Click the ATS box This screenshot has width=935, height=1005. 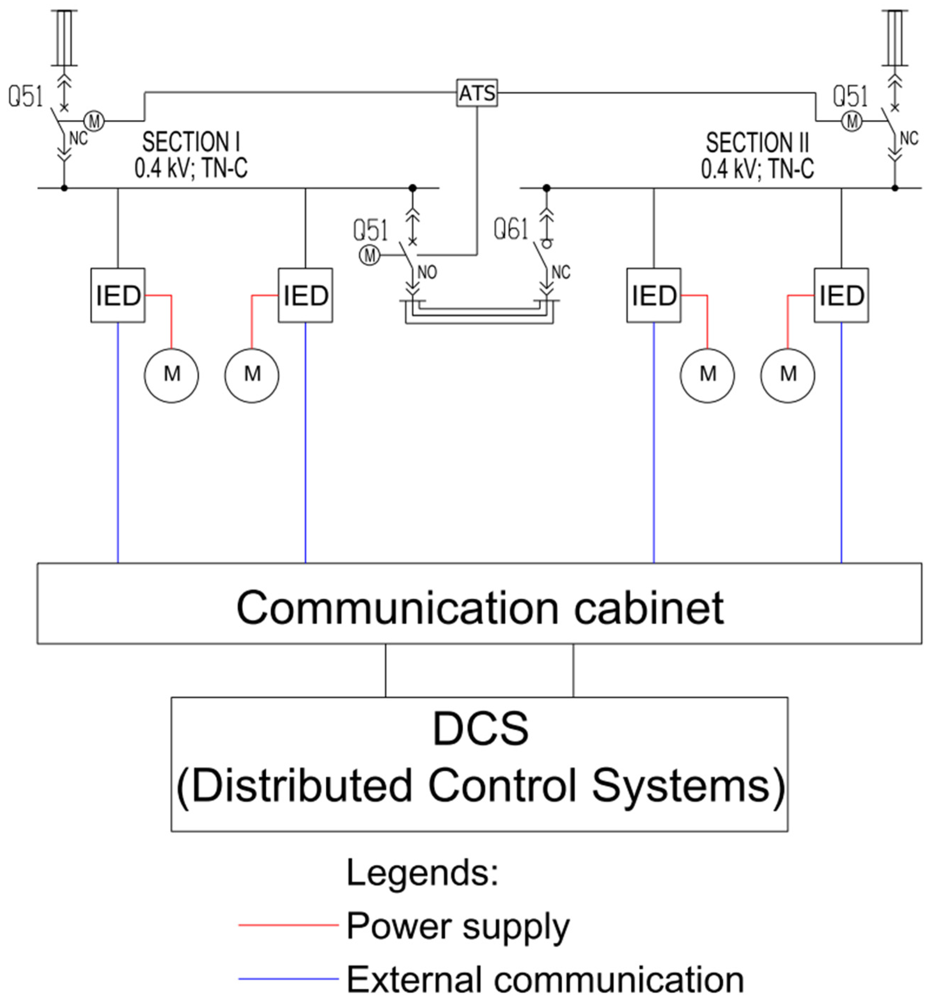477,93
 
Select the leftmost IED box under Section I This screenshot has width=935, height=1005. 118,295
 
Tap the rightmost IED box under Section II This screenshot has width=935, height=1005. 841,295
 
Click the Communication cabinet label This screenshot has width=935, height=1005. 479,608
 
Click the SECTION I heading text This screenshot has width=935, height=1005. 191,142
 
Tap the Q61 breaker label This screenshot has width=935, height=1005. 510,229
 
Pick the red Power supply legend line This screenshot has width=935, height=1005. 288,925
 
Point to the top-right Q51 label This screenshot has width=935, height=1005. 850,96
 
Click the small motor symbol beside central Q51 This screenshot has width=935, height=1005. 369,255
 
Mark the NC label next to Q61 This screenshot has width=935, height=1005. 560,272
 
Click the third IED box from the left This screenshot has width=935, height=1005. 653,295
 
